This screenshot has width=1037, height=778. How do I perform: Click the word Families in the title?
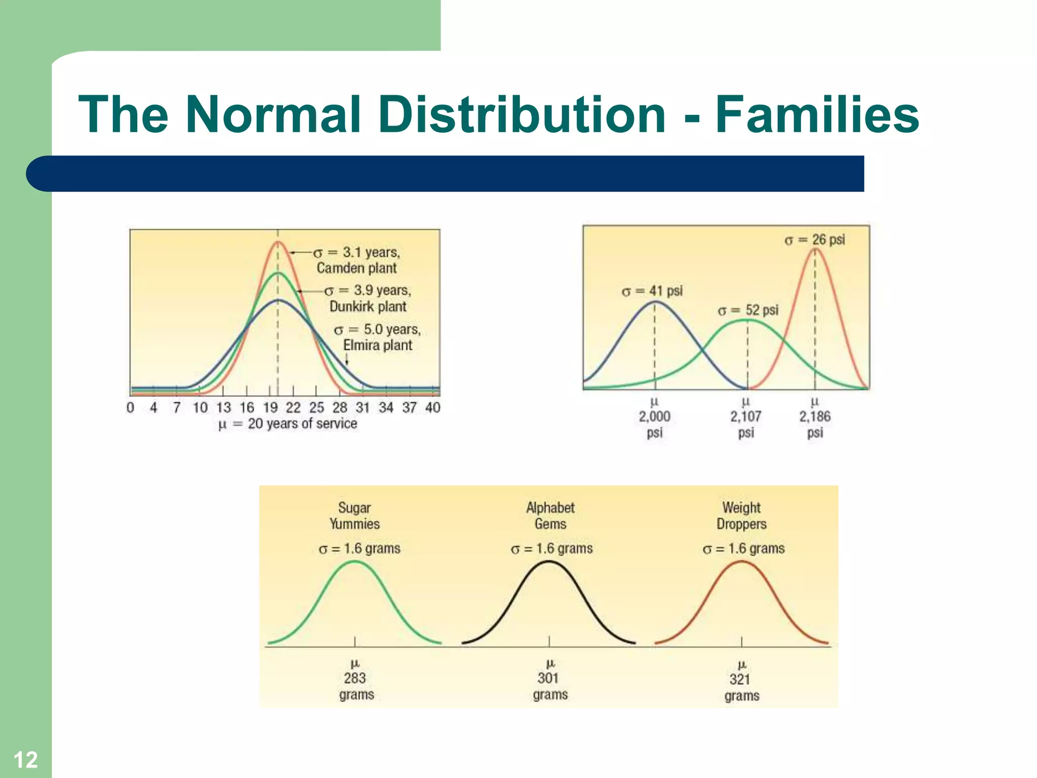816,115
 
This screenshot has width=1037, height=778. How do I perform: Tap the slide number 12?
25,760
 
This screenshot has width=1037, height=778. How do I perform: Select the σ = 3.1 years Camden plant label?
356,260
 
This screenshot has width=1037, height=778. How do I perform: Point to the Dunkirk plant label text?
368,306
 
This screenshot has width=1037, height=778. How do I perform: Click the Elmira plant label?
377,345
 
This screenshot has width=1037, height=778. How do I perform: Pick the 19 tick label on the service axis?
270,407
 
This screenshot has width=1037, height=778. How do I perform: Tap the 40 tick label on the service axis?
432,407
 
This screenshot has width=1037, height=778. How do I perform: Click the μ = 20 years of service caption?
288,423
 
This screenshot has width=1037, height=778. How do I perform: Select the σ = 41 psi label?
652,291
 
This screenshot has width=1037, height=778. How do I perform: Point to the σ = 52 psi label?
748,310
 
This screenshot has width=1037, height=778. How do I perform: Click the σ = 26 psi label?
815,240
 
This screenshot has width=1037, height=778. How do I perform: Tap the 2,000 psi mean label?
654,417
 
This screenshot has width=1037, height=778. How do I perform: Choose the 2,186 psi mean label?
815,417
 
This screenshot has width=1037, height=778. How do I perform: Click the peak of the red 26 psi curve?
815,249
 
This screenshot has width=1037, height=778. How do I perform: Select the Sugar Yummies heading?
354,516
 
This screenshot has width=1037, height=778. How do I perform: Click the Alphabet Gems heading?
550,516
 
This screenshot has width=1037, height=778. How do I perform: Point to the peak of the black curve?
549,562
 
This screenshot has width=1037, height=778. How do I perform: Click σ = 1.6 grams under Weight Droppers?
743,549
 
